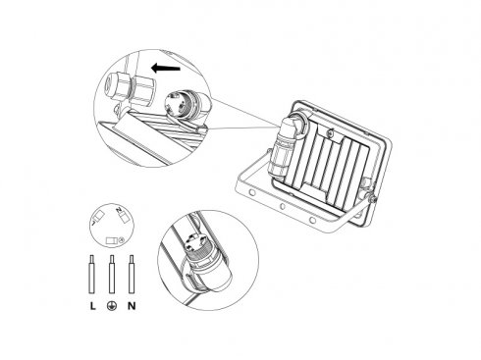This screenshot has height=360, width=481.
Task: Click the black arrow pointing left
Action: [x=166, y=68]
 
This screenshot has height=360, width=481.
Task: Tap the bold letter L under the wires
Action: [x=93, y=306]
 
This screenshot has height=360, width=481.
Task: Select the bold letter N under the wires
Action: [x=132, y=306]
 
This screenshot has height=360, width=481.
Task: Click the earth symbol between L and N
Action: [x=112, y=306]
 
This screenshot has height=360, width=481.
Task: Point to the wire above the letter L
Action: [x=92, y=274]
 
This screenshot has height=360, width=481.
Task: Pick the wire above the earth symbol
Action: [x=112, y=274]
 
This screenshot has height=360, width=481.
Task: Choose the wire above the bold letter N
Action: [x=132, y=274]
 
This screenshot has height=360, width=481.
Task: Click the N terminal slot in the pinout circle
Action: [x=124, y=217]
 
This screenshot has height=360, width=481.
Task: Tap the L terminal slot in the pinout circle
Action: [x=98, y=215]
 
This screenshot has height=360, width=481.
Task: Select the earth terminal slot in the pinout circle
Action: [x=111, y=241]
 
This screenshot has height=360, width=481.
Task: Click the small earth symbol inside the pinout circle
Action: [x=121, y=240]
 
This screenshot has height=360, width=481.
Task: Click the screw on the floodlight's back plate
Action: [x=331, y=132]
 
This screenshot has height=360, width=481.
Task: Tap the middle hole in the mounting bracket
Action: [x=282, y=206]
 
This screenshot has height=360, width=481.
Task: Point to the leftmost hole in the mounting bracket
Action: [x=251, y=192]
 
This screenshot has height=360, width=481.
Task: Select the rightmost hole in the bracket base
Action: [x=312, y=220]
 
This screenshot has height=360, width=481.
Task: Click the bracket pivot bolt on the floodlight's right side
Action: [x=371, y=198]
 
